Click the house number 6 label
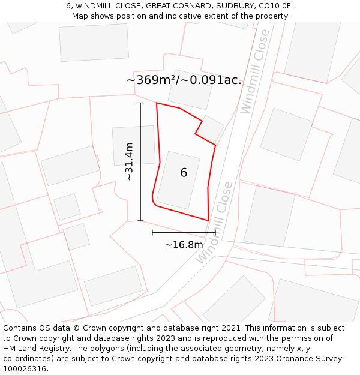tap(184, 173)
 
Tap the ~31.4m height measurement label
tap(128, 161)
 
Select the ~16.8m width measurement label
tap(184, 244)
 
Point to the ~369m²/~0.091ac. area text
tap(184, 80)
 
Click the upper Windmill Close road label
tap(255, 80)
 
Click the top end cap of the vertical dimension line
tap(140, 103)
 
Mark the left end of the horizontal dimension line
tap(152, 232)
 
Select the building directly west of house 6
tap(134, 145)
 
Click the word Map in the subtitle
tap(80, 16)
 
